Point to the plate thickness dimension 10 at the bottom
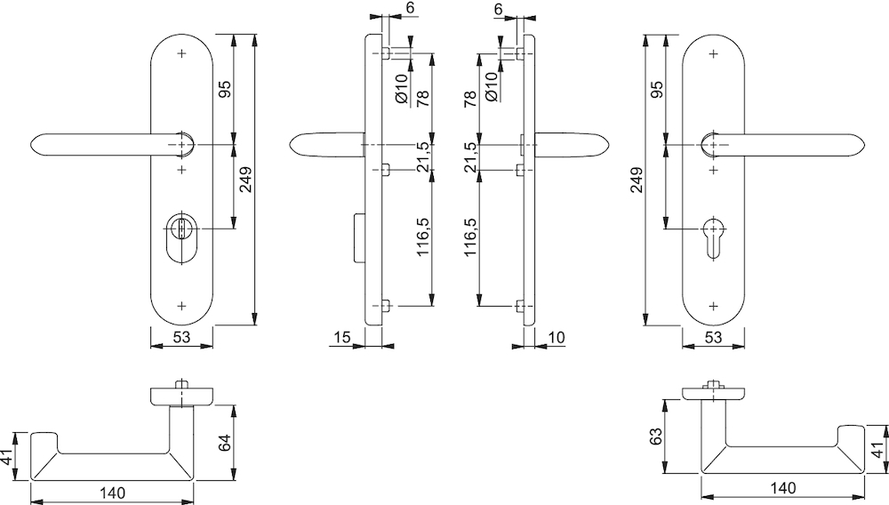(557, 337)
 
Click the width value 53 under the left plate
(181, 337)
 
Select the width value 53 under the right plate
(714, 337)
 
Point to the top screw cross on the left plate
(182, 53)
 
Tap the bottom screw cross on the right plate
(714, 305)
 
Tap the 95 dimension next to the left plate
(225, 88)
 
